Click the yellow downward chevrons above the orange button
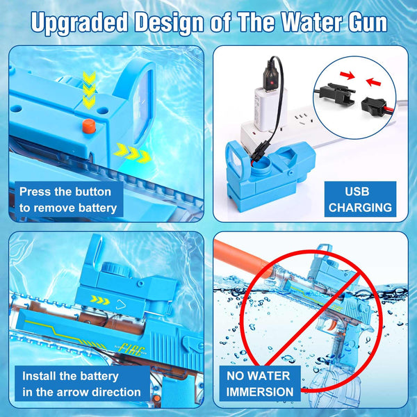pyautogui.click(x=88, y=89)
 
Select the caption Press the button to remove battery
pyautogui.click(x=68, y=199)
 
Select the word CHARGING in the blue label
pyautogui.click(x=360, y=207)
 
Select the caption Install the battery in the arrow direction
pyautogui.click(x=81, y=384)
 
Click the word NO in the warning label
pyautogui.click(x=238, y=376)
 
